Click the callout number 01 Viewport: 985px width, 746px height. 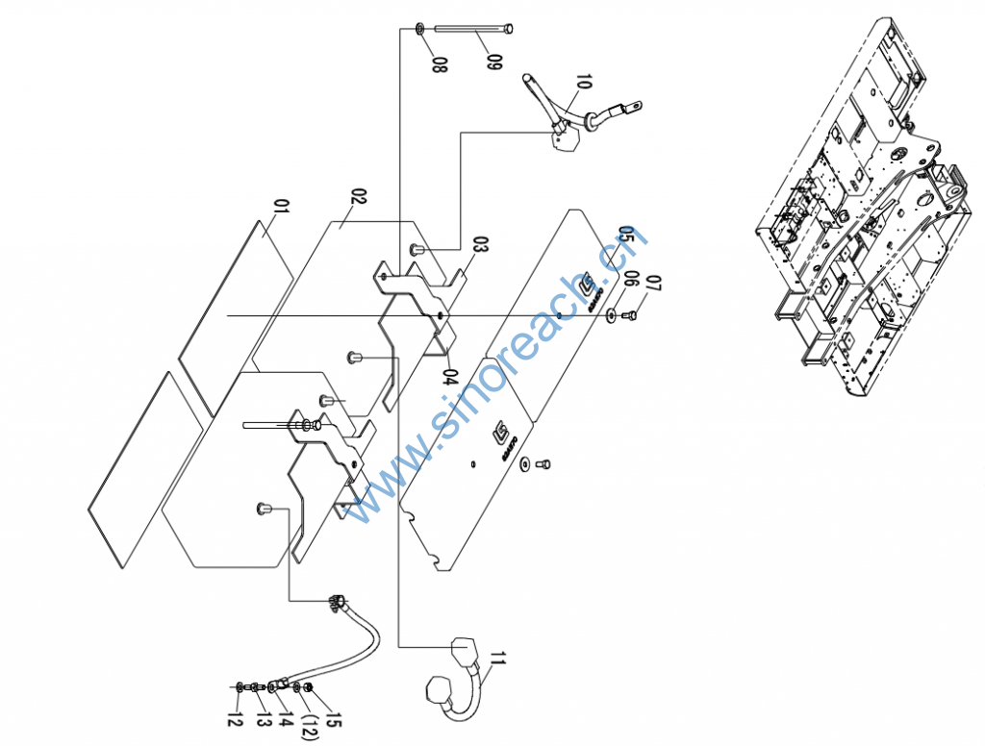tap(282, 208)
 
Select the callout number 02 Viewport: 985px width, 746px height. tap(359, 198)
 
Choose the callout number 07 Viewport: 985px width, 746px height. tap(654, 285)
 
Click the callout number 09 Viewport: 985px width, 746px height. tap(493, 63)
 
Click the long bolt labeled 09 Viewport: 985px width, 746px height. tap(474, 28)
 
